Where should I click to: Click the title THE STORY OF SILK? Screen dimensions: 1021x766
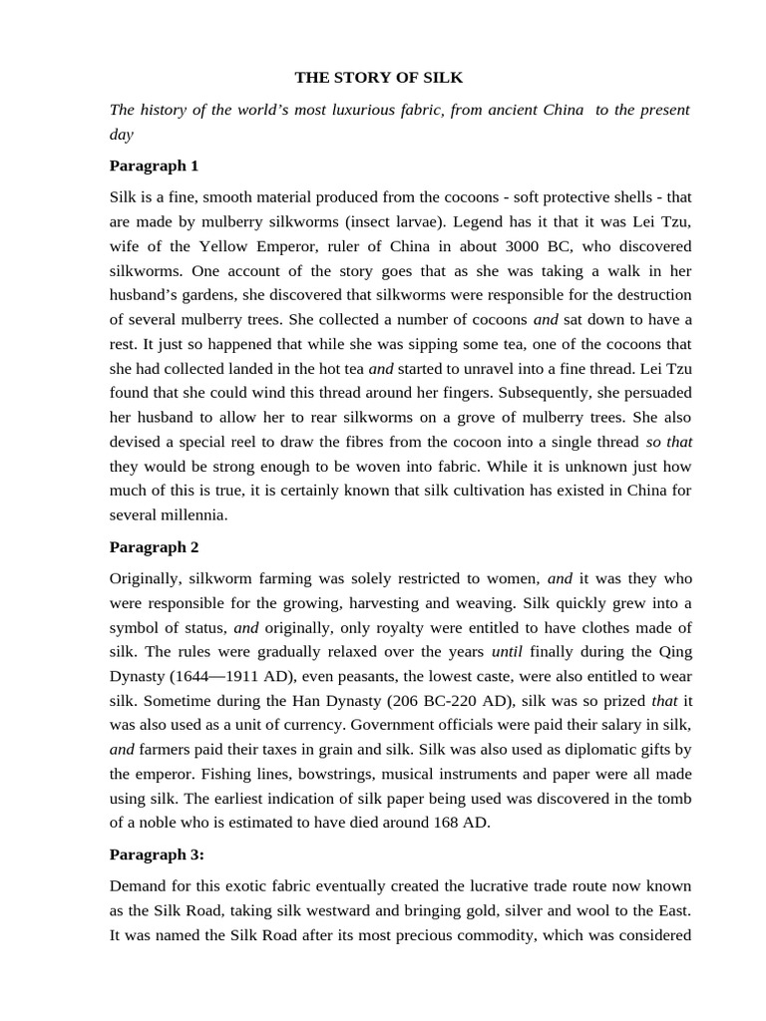pos(379,78)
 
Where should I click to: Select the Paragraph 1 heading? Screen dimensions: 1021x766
pos(154,166)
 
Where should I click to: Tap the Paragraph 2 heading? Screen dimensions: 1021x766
pos(154,546)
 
